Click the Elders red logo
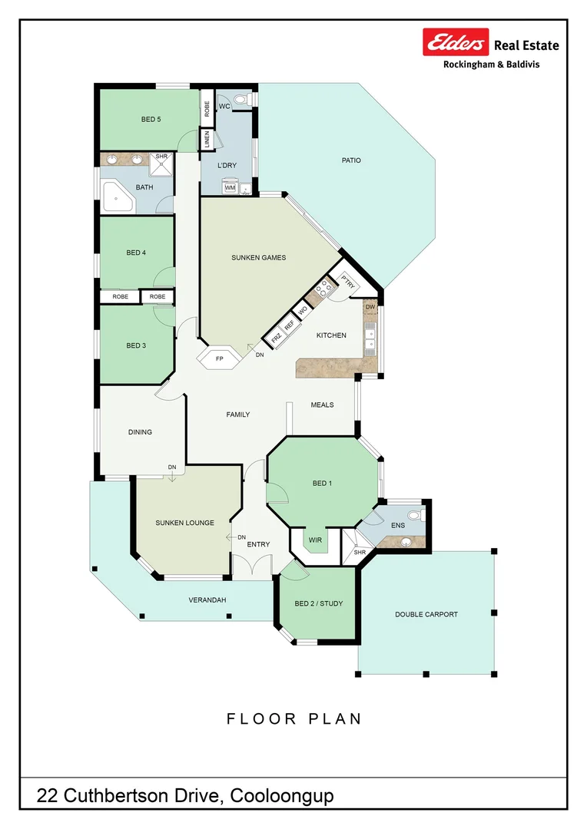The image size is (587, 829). point(456,43)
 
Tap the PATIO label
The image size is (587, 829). point(351,160)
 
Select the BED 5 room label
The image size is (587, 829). point(151,119)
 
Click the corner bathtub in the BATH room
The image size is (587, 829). point(118,198)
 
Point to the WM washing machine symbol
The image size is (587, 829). point(230,187)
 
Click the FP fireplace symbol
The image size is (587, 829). point(219,358)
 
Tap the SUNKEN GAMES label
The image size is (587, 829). point(258,258)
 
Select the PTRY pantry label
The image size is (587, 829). point(347,282)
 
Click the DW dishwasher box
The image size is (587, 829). point(370,308)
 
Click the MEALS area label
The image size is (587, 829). point(322,405)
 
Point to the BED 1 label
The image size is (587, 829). point(322,484)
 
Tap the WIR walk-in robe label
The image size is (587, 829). point(315,540)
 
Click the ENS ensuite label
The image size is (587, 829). point(397,526)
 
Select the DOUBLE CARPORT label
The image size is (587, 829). point(426,614)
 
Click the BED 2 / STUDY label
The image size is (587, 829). point(318,603)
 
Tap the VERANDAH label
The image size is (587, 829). point(207,600)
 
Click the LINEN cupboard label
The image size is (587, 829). point(207,140)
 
